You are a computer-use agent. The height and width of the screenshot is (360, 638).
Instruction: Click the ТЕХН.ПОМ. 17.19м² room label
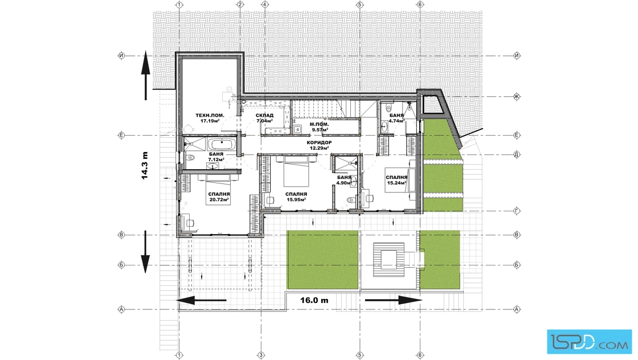click(x=210, y=118)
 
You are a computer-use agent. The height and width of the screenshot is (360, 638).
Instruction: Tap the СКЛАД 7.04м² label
click(x=264, y=118)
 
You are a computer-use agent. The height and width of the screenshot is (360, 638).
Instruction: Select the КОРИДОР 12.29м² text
click(x=319, y=145)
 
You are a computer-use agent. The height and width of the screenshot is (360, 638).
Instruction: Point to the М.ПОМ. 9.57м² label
click(x=320, y=127)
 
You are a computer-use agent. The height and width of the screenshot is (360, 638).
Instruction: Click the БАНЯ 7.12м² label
click(x=216, y=157)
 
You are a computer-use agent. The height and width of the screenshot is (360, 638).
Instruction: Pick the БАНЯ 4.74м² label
click(x=396, y=118)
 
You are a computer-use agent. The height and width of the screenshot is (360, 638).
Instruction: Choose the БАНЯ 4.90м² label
click(x=344, y=180)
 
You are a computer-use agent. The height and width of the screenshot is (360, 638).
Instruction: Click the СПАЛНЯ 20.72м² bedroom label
click(x=219, y=197)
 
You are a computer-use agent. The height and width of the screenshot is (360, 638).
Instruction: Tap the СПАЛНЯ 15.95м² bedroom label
click(x=296, y=197)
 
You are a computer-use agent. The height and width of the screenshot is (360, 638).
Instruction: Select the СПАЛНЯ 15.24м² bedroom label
click(x=396, y=180)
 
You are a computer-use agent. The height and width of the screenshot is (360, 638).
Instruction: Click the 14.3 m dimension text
click(x=145, y=166)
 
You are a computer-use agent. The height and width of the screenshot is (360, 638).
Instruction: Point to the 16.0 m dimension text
click(x=314, y=301)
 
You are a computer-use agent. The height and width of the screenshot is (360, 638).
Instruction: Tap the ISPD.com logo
click(x=589, y=341)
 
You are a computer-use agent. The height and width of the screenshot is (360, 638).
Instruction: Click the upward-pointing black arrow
click(x=146, y=76)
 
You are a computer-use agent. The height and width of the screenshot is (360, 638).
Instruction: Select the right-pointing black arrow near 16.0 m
click(x=394, y=301)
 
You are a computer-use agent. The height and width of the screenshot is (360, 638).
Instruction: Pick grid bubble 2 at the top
click(x=240, y=5)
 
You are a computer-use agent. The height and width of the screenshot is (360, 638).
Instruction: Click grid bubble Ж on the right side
click(x=517, y=96)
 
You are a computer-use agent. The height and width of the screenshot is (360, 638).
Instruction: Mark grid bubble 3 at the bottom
click(x=261, y=355)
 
